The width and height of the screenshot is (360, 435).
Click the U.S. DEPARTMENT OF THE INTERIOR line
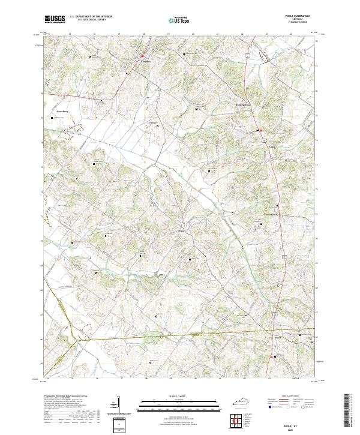coord(91,17)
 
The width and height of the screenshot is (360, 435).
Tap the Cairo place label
coord(272,145)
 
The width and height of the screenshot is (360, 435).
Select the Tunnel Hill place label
coord(272,214)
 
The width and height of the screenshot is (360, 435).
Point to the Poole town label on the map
coord(278,337)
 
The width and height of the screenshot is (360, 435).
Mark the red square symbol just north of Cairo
coord(260,130)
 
